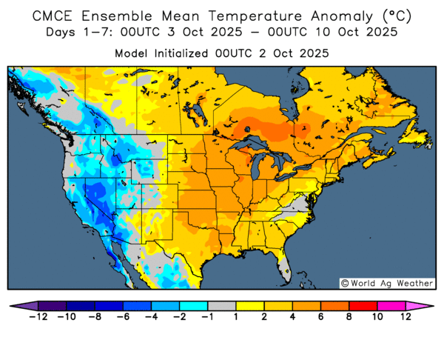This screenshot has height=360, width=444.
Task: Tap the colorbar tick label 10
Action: pyautogui.click(x=377, y=317)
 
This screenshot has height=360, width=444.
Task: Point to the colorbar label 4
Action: pyautogui.click(x=292, y=317)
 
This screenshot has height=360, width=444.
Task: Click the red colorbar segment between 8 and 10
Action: pyautogui.click(x=363, y=305)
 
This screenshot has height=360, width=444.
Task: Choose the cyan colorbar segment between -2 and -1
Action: pyautogui.click(x=193, y=305)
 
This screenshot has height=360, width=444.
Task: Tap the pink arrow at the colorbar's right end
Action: pyautogui.click(x=427, y=305)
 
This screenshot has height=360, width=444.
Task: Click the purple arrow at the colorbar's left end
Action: pyautogui.click(x=16, y=305)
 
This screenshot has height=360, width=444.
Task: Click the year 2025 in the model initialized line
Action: pyautogui.click(x=313, y=53)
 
